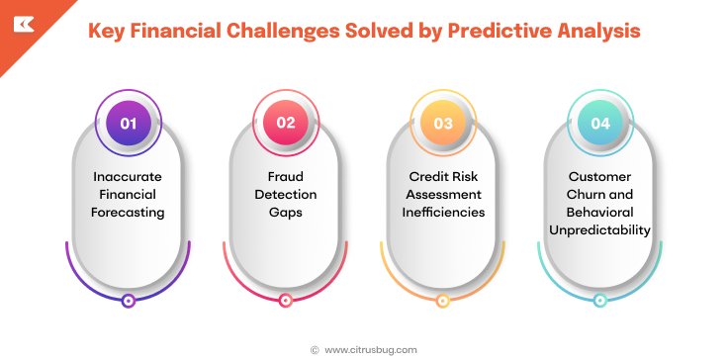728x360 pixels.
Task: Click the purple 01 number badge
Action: click(128, 124)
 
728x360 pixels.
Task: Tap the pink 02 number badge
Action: click(285, 124)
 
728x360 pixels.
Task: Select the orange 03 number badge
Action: click(443, 124)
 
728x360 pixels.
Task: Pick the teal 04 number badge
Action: click(600, 124)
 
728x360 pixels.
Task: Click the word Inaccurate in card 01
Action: click(128, 177)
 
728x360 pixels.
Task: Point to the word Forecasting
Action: click(128, 213)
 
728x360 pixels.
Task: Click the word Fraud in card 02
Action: click(286, 177)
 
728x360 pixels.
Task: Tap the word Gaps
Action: click(286, 213)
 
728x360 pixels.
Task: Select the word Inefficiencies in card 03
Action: click(443, 213)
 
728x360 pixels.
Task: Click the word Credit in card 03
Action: click(425, 177)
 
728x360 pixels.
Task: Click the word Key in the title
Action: click(108, 31)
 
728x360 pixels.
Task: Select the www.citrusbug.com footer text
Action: click(371, 349)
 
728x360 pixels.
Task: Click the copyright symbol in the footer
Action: click(315, 349)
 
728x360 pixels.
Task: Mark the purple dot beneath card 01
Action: click(128, 301)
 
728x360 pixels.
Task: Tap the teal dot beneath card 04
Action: click(600, 301)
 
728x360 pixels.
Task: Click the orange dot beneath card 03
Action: click(443, 301)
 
